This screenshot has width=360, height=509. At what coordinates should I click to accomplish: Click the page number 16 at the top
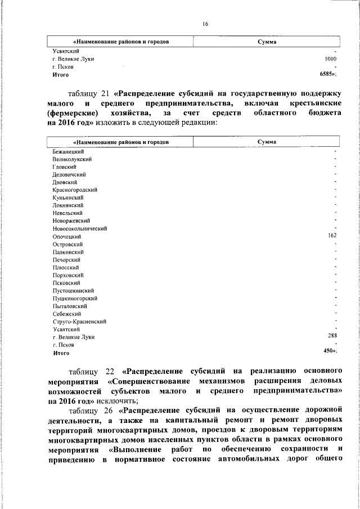[x=205, y=23]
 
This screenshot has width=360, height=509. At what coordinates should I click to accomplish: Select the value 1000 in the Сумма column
[x=330, y=58]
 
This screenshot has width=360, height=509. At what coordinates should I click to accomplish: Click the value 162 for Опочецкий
[x=332, y=236]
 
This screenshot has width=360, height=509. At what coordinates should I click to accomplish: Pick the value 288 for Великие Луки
[x=332, y=336]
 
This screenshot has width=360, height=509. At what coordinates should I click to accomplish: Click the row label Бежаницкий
[x=69, y=151]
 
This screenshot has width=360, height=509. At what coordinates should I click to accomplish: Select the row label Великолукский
[x=72, y=159]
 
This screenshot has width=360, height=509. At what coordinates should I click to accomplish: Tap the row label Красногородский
[x=75, y=190]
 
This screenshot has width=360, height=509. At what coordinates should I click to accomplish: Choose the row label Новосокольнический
[x=80, y=229]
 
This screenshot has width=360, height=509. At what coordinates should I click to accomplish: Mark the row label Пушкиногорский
[x=75, y=298]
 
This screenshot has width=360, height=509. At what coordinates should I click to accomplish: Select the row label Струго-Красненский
[x=79, y=322]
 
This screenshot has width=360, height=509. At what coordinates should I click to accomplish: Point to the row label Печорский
[x=66, y=260]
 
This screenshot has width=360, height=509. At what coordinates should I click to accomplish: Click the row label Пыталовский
[x=69, y=306]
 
